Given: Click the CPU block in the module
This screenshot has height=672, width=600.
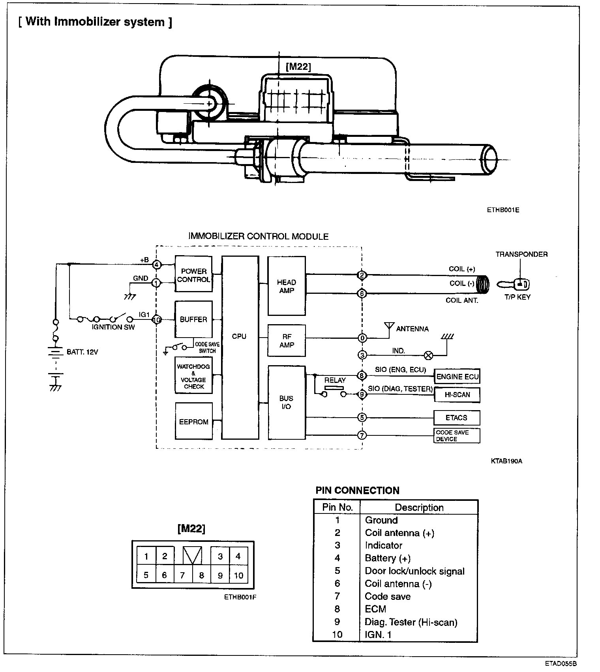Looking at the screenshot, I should point(240,347).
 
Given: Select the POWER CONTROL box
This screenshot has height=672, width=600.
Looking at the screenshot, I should point(193,274).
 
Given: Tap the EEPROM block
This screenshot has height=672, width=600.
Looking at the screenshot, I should point(193,421).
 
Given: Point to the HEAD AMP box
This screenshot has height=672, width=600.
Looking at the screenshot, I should point(287,286).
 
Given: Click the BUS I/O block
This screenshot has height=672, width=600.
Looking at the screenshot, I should point(287,402).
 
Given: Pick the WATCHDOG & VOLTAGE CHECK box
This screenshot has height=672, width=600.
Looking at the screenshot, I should point(193,375).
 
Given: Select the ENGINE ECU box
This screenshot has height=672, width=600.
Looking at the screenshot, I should point(457,377).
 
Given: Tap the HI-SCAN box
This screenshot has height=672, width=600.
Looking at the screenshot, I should point(457,394).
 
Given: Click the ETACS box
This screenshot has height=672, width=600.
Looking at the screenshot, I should point(457,418).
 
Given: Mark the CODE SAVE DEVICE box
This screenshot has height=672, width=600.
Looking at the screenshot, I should point(457,435).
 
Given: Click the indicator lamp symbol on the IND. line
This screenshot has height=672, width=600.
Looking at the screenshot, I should point(428,355).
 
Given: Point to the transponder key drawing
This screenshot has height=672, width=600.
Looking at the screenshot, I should point(513,284).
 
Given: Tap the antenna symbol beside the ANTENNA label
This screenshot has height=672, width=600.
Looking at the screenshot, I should point(389,327).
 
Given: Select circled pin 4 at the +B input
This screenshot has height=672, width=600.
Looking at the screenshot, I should point(157,265).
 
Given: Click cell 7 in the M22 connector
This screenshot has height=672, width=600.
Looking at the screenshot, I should point(182,575).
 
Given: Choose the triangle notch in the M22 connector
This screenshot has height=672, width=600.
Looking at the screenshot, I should point(193,555).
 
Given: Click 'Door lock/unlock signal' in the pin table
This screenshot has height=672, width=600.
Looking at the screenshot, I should point(414,571).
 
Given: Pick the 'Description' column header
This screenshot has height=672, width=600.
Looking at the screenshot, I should point(419,508).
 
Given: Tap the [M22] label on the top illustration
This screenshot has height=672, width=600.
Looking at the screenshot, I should point(298,67).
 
